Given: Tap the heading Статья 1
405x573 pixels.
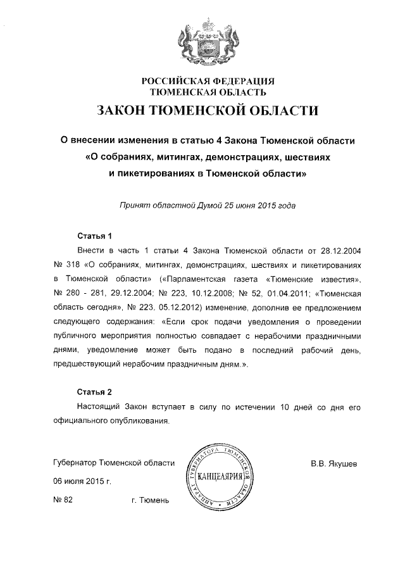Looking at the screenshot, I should point(94,236).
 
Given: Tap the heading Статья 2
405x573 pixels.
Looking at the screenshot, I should point(94,391).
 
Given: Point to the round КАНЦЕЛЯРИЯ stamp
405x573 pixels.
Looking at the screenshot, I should point(221,475).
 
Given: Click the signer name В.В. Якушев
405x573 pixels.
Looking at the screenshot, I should point(334,463).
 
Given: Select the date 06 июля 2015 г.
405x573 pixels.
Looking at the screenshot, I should point(81,481).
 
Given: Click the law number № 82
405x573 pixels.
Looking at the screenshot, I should point(64,500).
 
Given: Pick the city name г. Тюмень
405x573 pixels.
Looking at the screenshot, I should point(151,500).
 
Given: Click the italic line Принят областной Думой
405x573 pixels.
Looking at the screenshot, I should point(208,206).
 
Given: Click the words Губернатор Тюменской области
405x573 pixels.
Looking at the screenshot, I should point(114,463).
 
